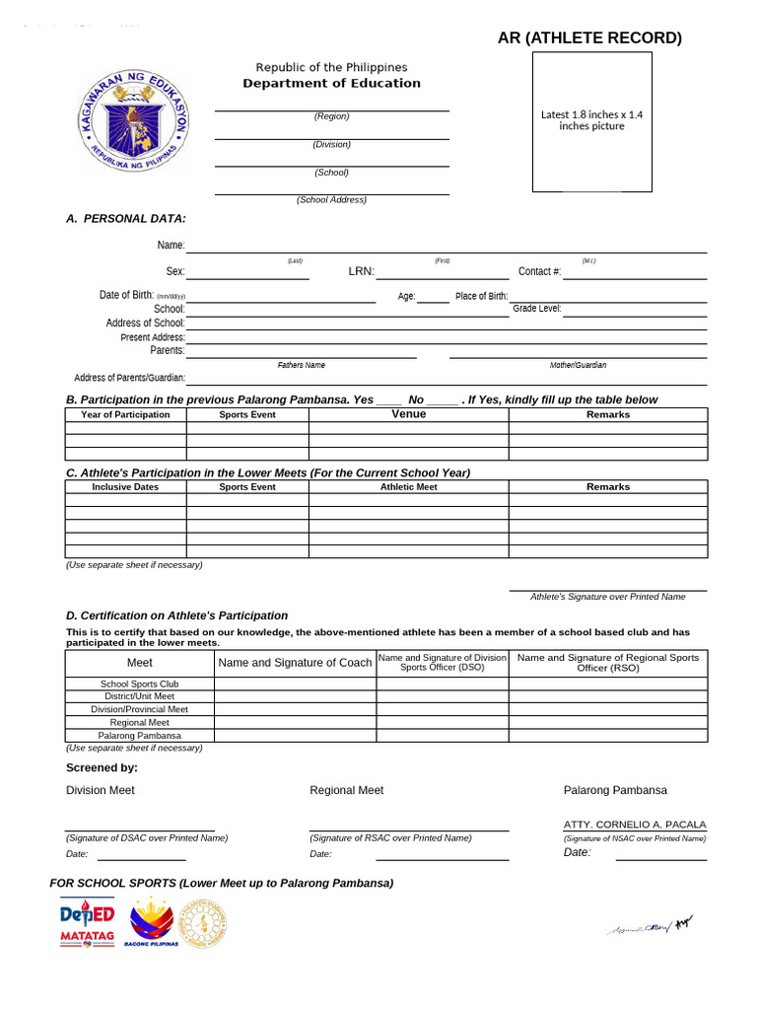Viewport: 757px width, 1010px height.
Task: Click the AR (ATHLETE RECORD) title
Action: pos(589,38)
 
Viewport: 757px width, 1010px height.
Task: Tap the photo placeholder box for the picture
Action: pos(591,121)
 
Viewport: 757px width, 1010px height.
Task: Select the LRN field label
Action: pos(361,271)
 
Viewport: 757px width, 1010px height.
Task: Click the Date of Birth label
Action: pos(126,295)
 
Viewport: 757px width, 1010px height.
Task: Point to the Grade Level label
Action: pos(537,309)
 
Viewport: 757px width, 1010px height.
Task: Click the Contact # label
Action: pos(539,271)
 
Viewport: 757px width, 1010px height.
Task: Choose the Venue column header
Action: pos(408,414)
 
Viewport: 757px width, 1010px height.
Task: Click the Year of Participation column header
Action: pos(125,414)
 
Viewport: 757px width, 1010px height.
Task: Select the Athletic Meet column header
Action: pos(408,487)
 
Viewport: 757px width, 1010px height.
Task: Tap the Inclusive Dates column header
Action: pos(125,487)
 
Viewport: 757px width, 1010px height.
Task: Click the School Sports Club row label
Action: pos(139,684)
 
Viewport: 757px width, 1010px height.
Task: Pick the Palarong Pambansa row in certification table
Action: pos(139,735)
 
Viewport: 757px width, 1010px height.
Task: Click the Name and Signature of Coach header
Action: pos(295,663)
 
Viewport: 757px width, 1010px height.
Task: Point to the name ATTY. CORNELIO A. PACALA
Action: pos(635,825)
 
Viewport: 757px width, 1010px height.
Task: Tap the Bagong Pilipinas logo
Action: pos(151,921)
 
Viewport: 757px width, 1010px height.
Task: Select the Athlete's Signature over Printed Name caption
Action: pos(607,597)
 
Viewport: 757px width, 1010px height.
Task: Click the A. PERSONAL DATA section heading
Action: pos(125,218)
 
